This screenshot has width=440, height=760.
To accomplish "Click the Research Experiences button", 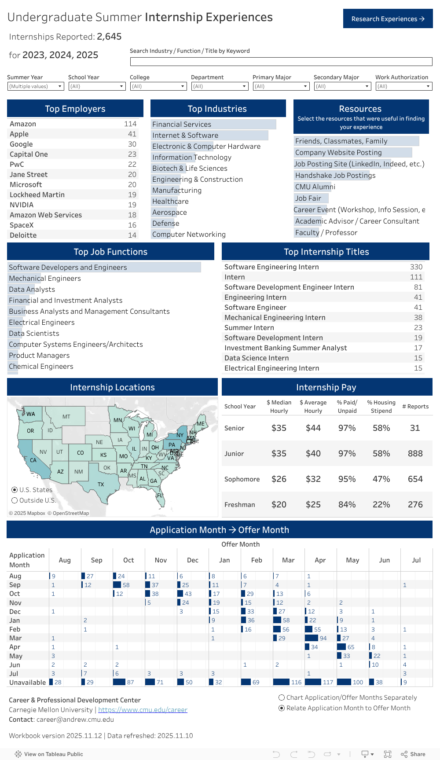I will point(388,19).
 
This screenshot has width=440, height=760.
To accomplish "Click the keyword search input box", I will point(281,62).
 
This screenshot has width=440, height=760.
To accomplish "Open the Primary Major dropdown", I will point(281,86).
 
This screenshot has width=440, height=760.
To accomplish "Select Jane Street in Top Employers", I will point(29,175).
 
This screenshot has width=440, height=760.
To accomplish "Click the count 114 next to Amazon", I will point(130,124).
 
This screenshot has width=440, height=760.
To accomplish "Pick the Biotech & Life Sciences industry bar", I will point(190,169).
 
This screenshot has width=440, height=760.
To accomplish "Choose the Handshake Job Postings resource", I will point(335,176).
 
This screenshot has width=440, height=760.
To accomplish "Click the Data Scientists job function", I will point(34,334).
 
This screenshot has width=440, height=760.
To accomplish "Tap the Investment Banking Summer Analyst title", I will point(286,348).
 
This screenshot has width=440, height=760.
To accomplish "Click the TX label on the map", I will point(101,485).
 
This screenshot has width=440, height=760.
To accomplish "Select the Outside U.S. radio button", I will point(15,500).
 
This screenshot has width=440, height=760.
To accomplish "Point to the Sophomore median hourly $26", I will point(279,479).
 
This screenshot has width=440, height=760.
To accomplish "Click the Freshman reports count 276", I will point(415,505).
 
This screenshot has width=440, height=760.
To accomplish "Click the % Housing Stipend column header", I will point(381,407).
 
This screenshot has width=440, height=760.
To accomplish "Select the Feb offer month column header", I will point(257,560).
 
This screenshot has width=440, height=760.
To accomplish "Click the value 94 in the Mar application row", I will point(323,639).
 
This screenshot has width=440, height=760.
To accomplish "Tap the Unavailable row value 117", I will point(328,683).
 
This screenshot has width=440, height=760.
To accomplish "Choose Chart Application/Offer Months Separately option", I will point(282,698).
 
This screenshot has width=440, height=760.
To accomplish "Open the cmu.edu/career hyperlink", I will point(143,710).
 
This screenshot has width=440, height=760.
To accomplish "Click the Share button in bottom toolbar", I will point(413,754).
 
